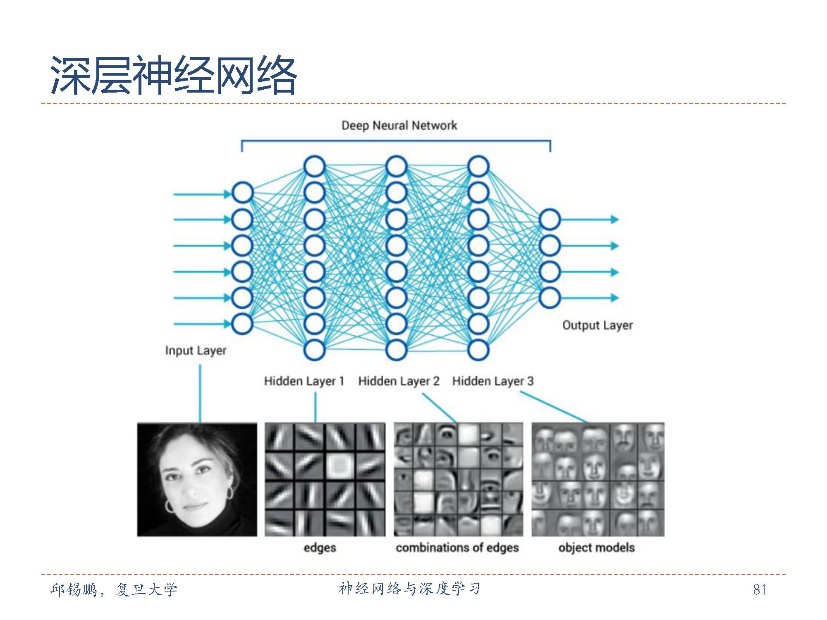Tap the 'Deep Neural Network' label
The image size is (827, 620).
399,125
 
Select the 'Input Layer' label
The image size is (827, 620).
196,351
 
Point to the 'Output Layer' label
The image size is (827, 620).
597,325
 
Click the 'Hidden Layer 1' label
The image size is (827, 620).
304,381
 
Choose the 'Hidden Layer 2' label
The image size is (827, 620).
399,381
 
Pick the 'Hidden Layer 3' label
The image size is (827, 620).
492,381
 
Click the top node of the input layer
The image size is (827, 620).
242,193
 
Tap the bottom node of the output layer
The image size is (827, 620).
550,298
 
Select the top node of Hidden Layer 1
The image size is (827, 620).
314,166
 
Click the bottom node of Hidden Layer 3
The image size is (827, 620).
478,350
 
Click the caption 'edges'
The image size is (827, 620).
320,548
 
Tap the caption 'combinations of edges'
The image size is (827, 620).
457,548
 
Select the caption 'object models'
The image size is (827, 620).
596,548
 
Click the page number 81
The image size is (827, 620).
760,589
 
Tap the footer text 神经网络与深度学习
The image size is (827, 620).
409,589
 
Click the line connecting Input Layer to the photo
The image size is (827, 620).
200,393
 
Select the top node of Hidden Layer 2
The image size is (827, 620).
396,166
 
